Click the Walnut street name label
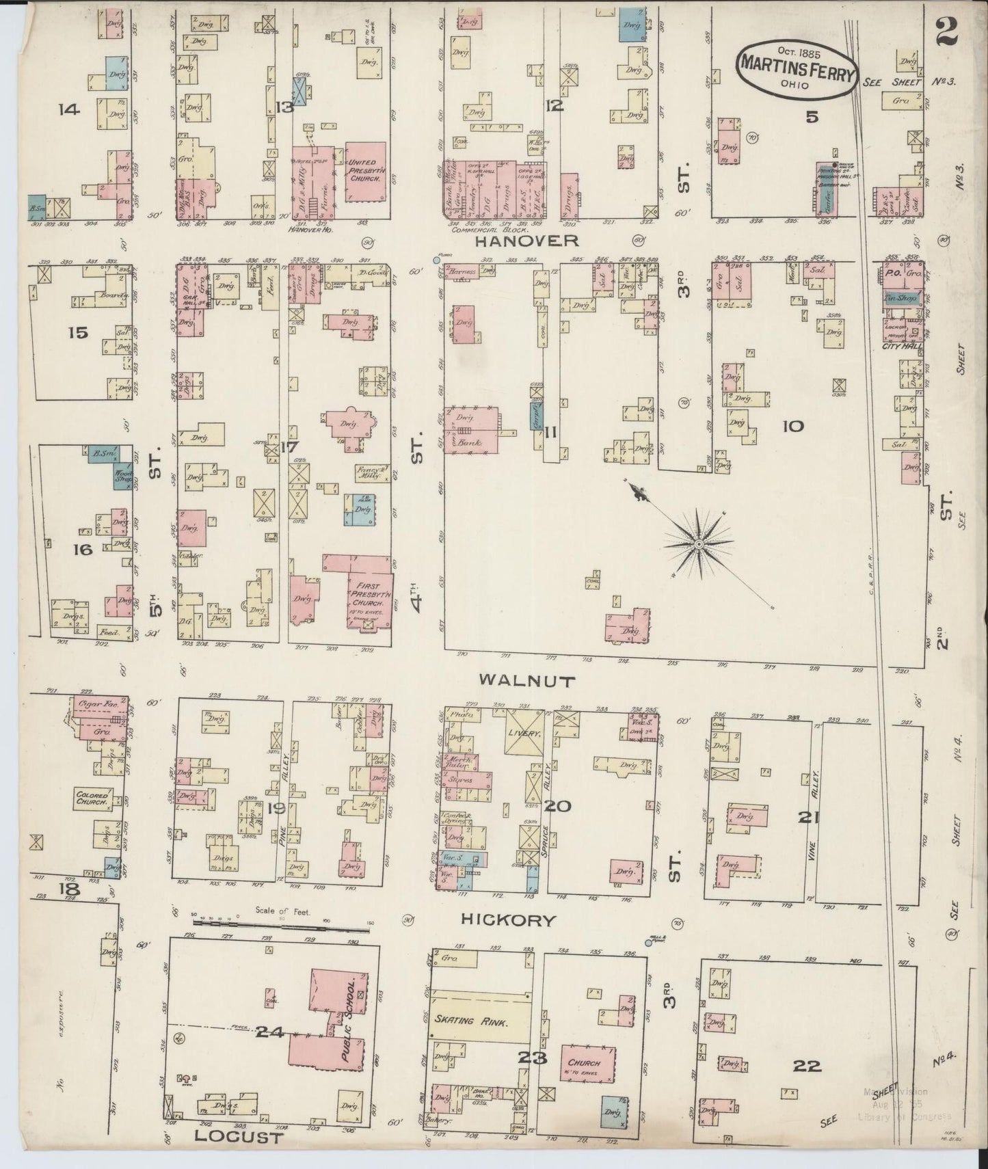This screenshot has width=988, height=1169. click(x=518, y=680)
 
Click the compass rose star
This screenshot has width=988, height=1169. click(x=698, y=543)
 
